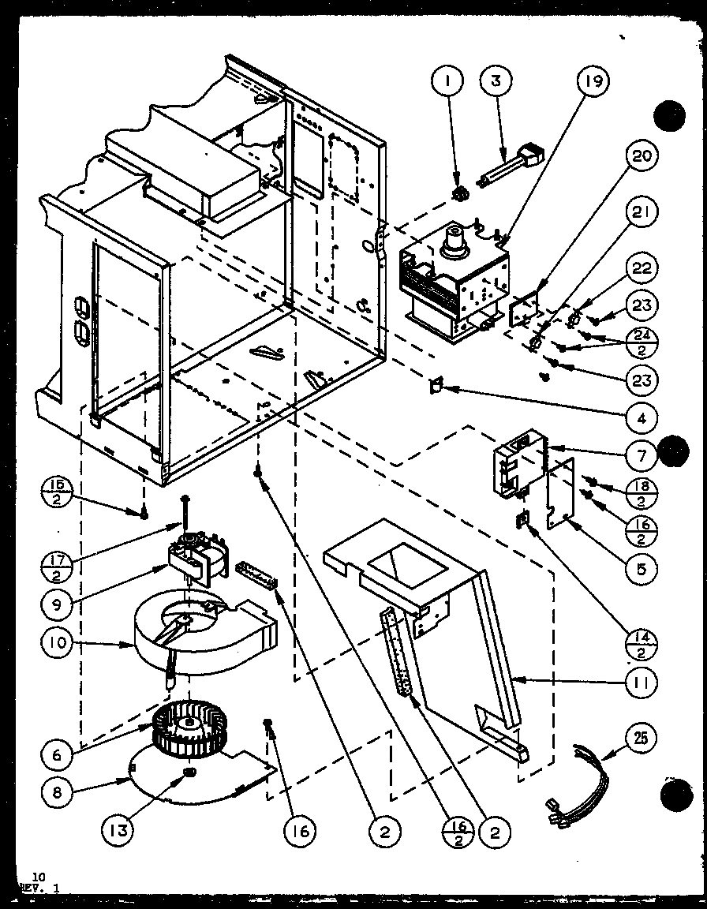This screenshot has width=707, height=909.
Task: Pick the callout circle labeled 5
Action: [x=643, y=567]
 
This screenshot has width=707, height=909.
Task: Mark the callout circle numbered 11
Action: [x=643, y=682]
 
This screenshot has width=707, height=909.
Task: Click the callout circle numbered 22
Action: [x=643, y=269]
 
